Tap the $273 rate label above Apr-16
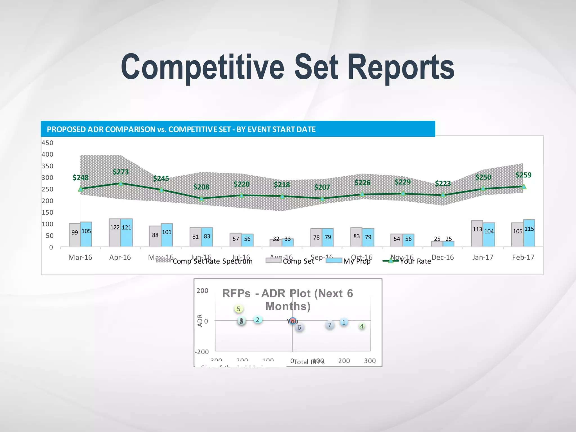click(121, 172)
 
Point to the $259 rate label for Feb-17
click(523, 175)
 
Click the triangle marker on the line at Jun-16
click(201, 199)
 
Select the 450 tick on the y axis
click(48, 143)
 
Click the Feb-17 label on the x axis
click(523, 257)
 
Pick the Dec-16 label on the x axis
click(443, 257)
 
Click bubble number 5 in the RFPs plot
click(238, 309)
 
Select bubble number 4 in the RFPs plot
click(362, 326)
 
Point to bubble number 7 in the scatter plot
click(329, 325)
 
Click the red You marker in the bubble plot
click(292, 321)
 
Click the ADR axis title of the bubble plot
click(200, 320)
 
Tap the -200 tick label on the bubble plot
click(202, 352)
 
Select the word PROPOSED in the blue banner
click(66, 129)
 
